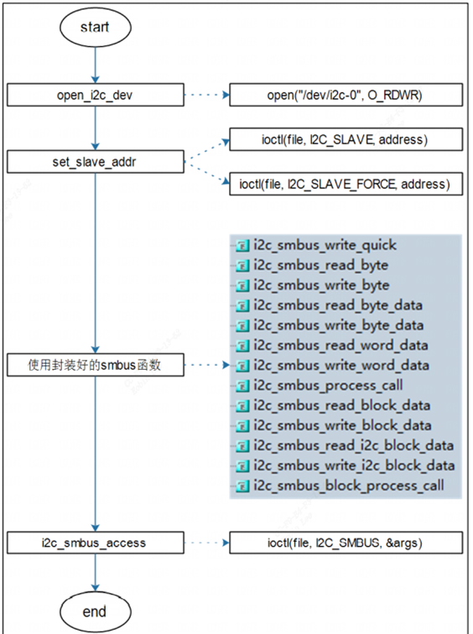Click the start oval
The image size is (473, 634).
click(x=96, y=27)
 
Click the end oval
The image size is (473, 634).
click(x=96, y=611)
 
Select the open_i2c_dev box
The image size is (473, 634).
click(x=96, y=95)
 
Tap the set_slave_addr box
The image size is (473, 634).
click(x=96, y=162)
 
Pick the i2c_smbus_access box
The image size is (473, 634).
click(x=96, y=543)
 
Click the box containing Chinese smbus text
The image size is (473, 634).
click(x=96, y=365)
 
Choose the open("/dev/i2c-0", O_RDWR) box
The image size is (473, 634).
click(x=346, y=95)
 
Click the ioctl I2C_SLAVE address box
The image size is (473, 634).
click(x=346, y=139)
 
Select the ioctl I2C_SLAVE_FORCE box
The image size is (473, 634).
click(x=346, y=184)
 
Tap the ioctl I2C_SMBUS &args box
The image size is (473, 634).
click(x=346, y=543)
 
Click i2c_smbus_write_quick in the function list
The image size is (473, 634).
click(x=325, y=245)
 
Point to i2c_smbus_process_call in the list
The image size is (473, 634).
click(x=328, y=385)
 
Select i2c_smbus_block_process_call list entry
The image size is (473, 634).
click(x=349, y=486)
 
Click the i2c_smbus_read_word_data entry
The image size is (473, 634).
click(x=340, y=346)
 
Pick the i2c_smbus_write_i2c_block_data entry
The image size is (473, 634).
click(x=354, y=465)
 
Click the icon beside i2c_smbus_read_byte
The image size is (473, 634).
click(x=242, y=266)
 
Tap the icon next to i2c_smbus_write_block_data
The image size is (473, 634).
click(x=242, y=426)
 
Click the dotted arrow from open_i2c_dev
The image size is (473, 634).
click(x=207, y=95)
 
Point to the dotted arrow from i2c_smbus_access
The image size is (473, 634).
click(x=207, y=543)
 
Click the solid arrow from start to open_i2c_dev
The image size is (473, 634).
click(x=96, y=65)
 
